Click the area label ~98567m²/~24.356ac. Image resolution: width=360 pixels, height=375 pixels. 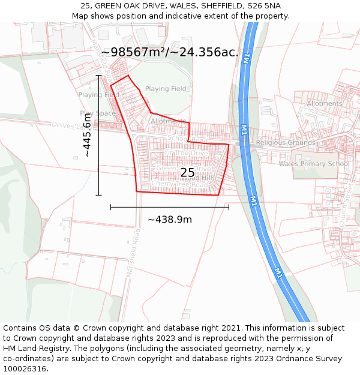click(170, 52)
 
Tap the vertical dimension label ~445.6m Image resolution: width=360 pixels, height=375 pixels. click(88, 136)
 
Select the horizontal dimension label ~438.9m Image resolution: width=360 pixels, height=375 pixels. click(170, 220)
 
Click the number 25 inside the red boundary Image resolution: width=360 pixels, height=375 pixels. click(187, 173)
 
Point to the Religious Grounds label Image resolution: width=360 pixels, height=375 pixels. click(285, 143)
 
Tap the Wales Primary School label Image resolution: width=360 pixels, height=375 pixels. click(314, 164)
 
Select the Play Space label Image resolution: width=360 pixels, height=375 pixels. click(98, 113)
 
